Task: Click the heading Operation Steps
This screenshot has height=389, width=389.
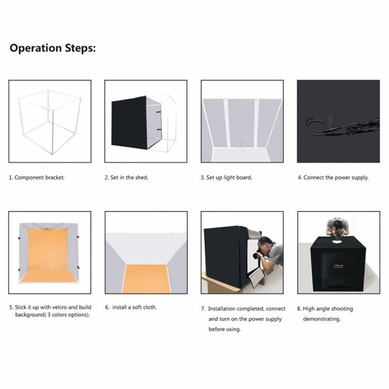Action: point(52,48)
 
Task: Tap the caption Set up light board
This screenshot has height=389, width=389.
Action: point(229,178)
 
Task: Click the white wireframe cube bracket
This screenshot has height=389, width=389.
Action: point(49,122)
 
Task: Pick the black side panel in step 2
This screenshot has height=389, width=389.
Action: point(129,123)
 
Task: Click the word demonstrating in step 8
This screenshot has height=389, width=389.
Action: point(322,319)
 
